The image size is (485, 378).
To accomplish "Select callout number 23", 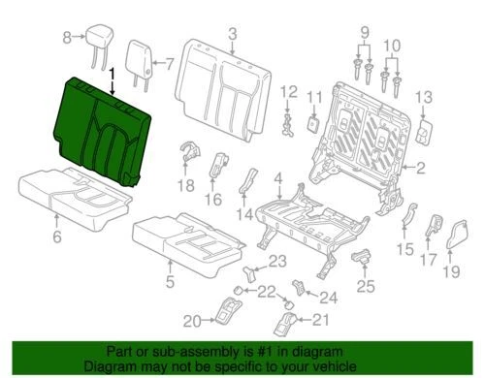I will pos(277,261).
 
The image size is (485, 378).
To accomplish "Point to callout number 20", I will pos(192,320).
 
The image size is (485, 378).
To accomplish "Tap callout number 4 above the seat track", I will pos(278,178).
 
